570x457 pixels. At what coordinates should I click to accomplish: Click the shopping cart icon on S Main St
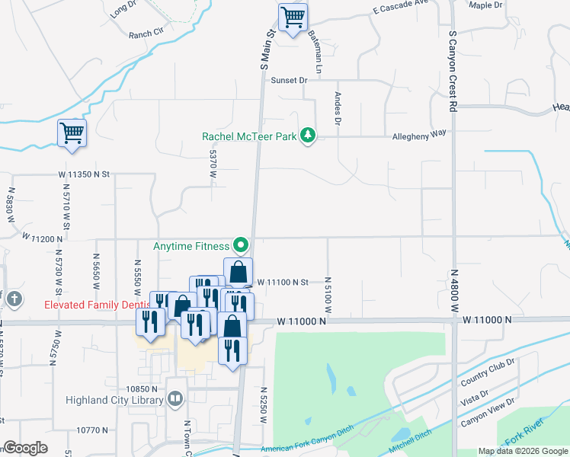(x=293, y=18)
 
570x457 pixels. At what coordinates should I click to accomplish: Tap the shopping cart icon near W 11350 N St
(x=72, y=133)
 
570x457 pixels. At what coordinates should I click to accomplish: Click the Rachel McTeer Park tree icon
(x=307, y=136)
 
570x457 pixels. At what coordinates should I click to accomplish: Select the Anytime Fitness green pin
(x=241, y=245)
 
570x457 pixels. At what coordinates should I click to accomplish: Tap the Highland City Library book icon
(x=175, y=398)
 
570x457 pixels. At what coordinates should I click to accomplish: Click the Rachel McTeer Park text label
(x=248, y=136)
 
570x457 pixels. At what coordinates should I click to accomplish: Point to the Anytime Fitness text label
(x=191, y=246)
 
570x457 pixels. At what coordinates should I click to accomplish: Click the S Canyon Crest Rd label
(x=452, y=72)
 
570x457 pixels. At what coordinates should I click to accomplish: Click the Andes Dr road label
(x=336, y=108)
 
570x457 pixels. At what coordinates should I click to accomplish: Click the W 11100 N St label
(x=282, y=282)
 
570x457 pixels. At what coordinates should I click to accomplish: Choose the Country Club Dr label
(x=488, y=371)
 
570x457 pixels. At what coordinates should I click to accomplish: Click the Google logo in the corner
(x=25, y=448)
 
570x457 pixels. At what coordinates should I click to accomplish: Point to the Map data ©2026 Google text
(x=522, y=451)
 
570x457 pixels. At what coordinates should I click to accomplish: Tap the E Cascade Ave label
(x=402, y=11)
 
